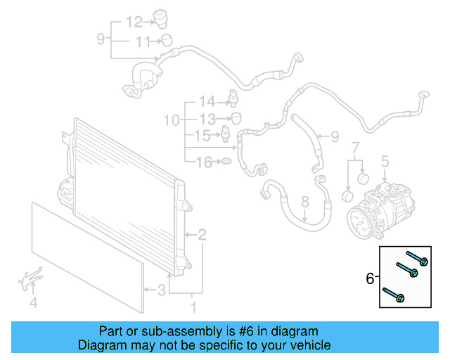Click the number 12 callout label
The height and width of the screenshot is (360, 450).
click(134, 21)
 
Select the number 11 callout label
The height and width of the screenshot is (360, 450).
click(143, 41)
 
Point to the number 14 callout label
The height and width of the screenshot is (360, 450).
click(207, 101)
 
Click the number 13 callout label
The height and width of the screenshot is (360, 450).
click(207, 118)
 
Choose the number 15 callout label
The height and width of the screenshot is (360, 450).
click(202, 135)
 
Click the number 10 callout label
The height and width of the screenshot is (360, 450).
click(172, 121)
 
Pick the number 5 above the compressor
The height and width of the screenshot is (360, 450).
click(385, 163)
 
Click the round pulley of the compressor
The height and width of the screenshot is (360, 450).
click(360, 220)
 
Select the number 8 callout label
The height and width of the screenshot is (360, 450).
click(305, 203)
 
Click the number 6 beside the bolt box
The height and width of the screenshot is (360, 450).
click(371, 279)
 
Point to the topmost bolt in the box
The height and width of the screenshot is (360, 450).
click(415, 259)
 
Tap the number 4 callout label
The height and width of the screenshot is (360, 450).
click(33, 303)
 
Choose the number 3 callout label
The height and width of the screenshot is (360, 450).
click(161, 290)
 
